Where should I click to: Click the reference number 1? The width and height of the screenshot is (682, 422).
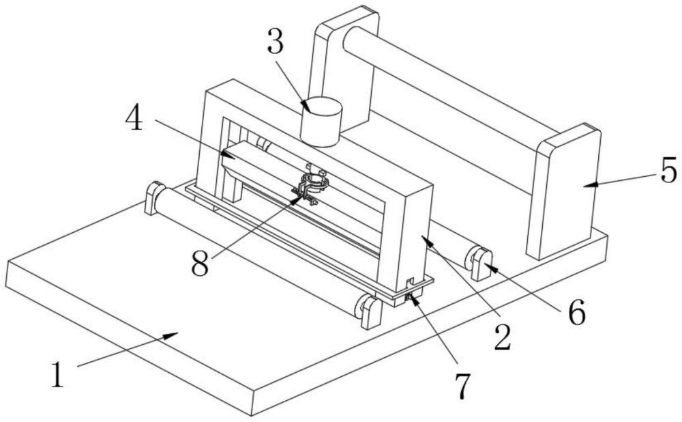(57, 374)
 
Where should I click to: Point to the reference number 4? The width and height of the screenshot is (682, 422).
(134, 117)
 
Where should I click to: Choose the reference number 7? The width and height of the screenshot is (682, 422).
(462, 386)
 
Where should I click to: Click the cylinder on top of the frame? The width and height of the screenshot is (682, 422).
(321, 122)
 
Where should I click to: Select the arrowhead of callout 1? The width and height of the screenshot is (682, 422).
(171, 335)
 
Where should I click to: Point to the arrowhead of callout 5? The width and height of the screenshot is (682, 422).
(591, 184)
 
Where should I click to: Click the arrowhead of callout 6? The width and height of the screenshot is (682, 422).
(490, 266)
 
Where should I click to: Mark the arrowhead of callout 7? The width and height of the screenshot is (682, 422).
(411, 299)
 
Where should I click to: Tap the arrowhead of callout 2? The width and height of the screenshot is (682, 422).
(427, 240)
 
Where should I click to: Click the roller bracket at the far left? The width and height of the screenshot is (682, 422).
(154, 199)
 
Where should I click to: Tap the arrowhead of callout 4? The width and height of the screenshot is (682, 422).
(228, 155)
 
